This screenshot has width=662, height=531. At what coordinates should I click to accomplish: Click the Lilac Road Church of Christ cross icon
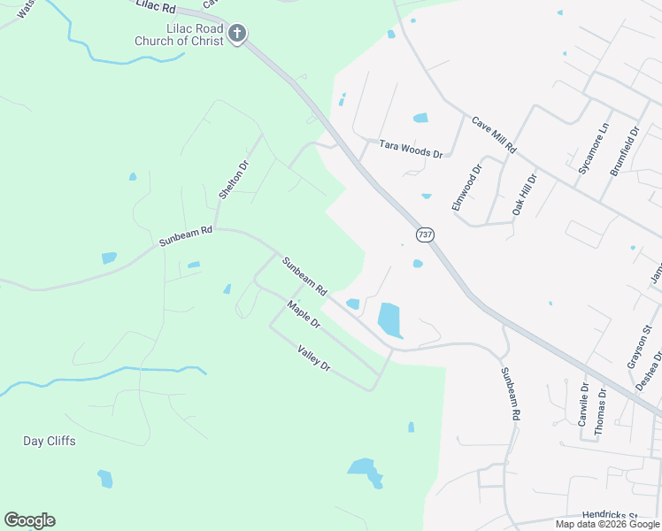click(x=236, y=35)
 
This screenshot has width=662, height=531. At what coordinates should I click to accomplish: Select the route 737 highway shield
click(x=427, y=235)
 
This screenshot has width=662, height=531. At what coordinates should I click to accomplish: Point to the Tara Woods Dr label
click(x=411, y=148)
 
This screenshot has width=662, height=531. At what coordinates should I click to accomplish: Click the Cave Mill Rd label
click(x=494, y=135)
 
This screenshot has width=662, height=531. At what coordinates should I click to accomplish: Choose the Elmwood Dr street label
click(x=466, y=187)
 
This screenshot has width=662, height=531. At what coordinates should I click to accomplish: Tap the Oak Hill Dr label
click(x=525, y=194)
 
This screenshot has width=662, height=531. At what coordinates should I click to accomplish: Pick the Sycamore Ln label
click(x=593, y=148)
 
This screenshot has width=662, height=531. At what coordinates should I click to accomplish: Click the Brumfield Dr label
click(x=624, y=151)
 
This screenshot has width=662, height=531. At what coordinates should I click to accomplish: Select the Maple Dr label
click(x=303, y=315)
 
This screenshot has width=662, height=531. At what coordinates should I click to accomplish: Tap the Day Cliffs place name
click(x=50, y=441)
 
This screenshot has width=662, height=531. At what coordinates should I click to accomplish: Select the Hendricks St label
click(x=610, y=514)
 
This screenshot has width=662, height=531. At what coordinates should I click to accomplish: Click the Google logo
click(x=29, y=520)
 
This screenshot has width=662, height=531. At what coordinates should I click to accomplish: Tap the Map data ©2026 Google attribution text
click(x=607, y=524)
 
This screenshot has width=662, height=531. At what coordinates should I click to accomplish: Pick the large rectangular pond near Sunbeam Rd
click(x=389, y=319)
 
